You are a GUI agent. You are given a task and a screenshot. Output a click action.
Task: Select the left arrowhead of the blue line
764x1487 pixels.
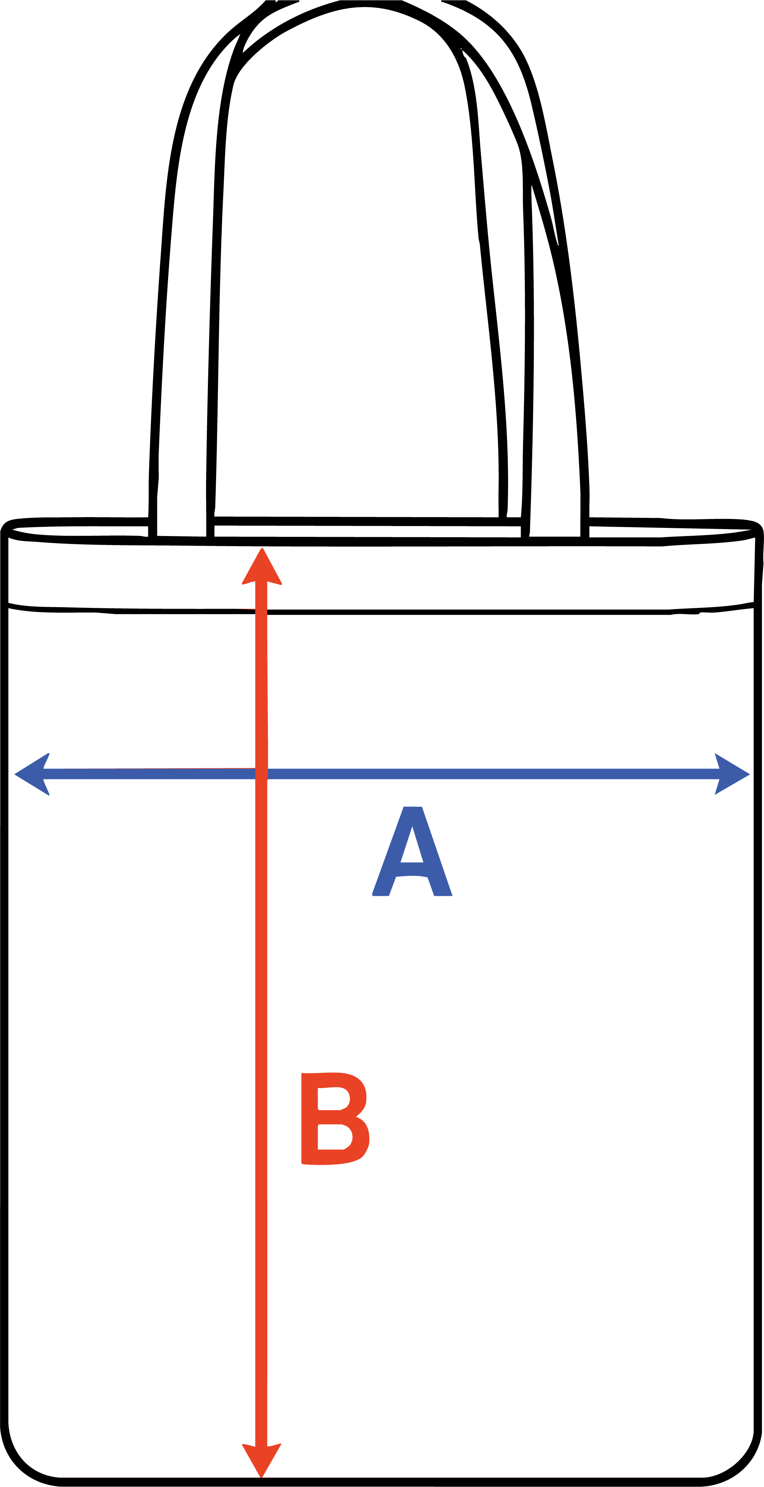pyautogui.click(x=32, y=774)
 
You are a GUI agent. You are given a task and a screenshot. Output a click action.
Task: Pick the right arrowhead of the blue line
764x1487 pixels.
pyautogui.click(x=731, y=774)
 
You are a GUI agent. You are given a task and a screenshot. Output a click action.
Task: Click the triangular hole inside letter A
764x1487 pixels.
pyautogui.click(x=412, y=849)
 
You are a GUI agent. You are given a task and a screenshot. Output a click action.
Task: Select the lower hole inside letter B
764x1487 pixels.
pyautogui.click(x=334, y=1137)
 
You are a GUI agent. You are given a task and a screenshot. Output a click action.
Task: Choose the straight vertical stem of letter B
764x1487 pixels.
pyautogui.click(x=309, y=1118)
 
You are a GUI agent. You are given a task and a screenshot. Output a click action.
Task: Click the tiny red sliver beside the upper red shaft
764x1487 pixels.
pyautogui.click(x=246, y=608)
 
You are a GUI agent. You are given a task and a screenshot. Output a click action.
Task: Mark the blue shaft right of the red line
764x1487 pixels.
pyautogui.click(x=491, y=774)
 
